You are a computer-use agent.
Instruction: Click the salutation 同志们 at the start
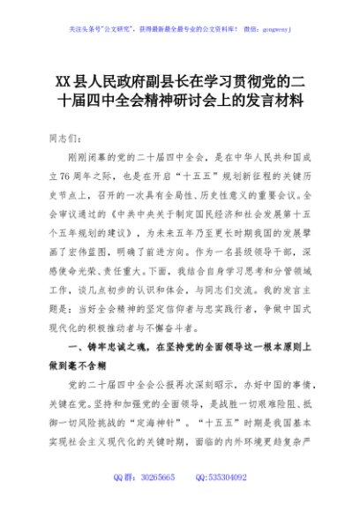[71, 138]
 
